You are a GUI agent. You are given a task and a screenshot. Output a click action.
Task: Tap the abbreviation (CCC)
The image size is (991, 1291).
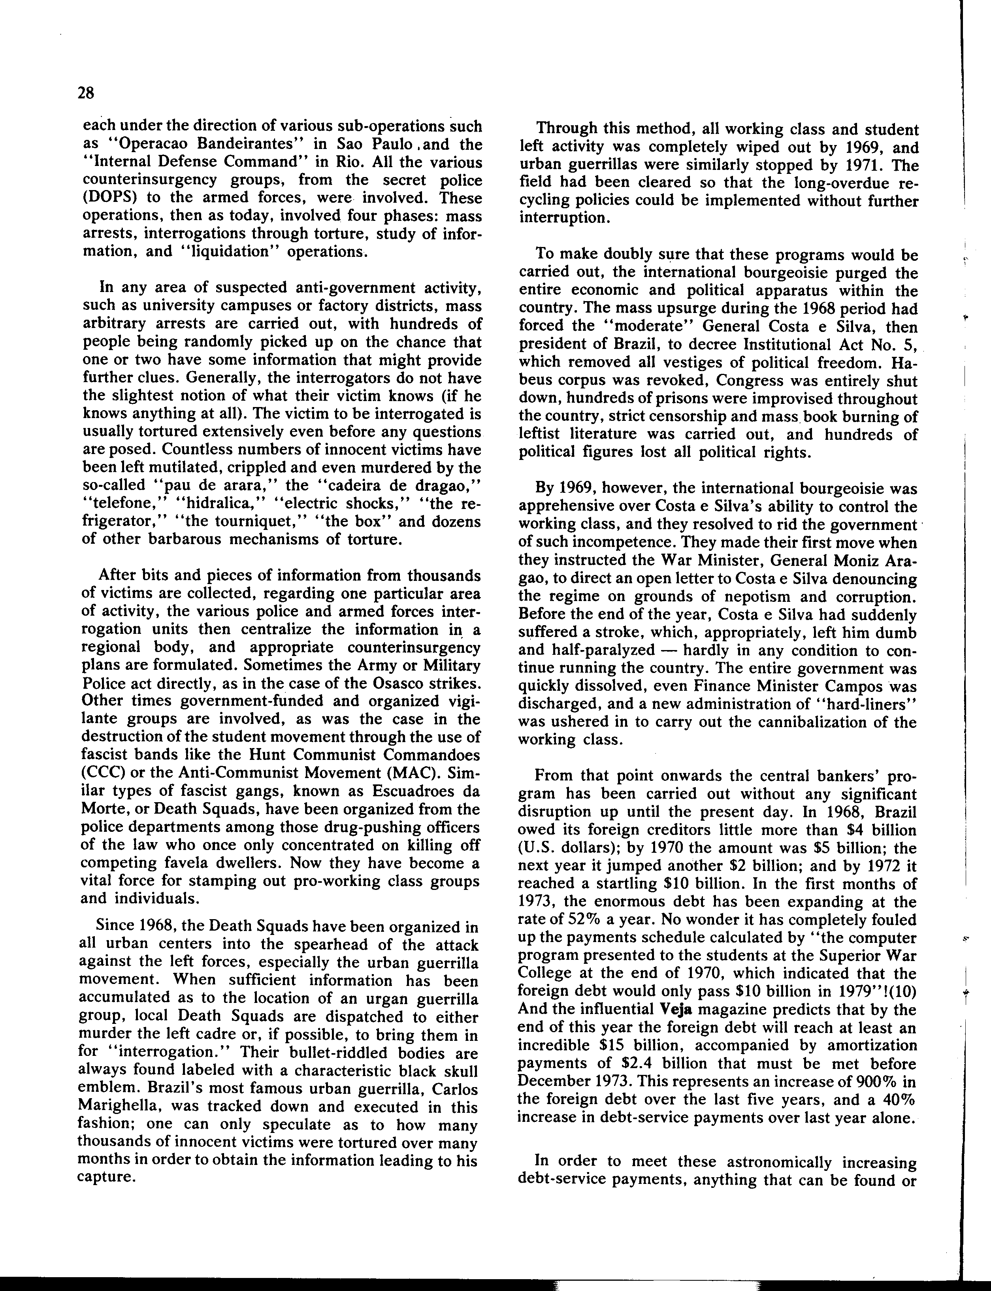tap(101, 773)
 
